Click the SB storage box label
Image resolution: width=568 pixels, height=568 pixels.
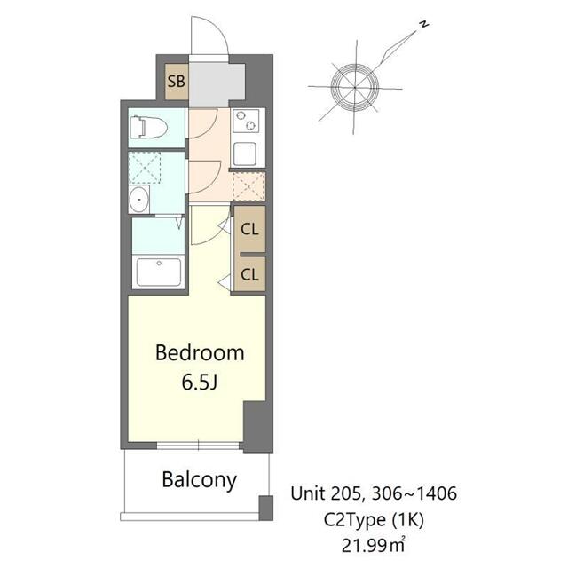pos(177,82)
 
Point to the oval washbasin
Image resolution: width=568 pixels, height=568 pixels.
pos(139,200)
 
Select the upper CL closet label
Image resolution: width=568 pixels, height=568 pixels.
pos(250,228)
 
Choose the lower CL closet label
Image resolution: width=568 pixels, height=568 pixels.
pos(250,274)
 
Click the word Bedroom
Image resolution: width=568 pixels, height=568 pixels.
pos(200,352)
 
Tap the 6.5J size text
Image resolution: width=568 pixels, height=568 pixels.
pos(200,383)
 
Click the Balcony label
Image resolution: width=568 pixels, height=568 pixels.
pos(199,480)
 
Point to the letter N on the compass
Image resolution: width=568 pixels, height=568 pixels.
pos(425,24)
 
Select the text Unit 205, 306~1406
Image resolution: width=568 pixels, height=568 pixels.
pos(375,493)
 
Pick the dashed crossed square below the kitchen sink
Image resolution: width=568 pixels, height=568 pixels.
pos(248,186)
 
